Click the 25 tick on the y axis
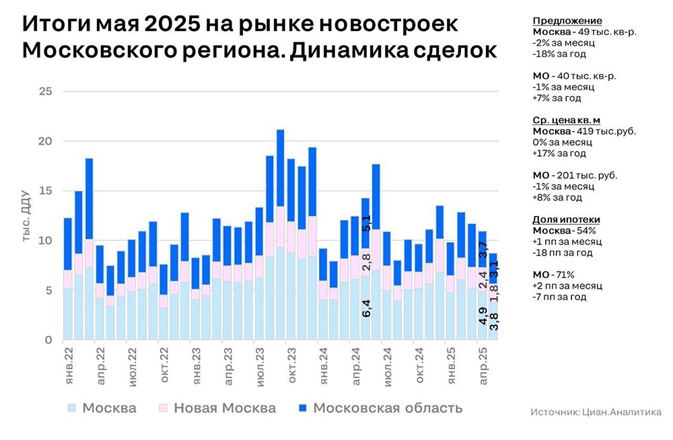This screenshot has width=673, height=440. pyautogui.click(x=45, y=91)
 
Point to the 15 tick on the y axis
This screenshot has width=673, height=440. pyautogui.click(x=45, y=191)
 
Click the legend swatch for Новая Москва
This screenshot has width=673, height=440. pyautogui.click(x=162, y=408)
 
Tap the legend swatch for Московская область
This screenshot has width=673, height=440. pyautogui.click(x=302, y=408)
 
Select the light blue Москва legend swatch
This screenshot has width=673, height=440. pyautogui.click(x=71, y=408)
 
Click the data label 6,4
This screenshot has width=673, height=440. pyautogui.click(x=366, y=308)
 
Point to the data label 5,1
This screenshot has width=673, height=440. pyautogui.click(x=366, y=223)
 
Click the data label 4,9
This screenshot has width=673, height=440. pyautogui.click(x=483, y=316)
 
